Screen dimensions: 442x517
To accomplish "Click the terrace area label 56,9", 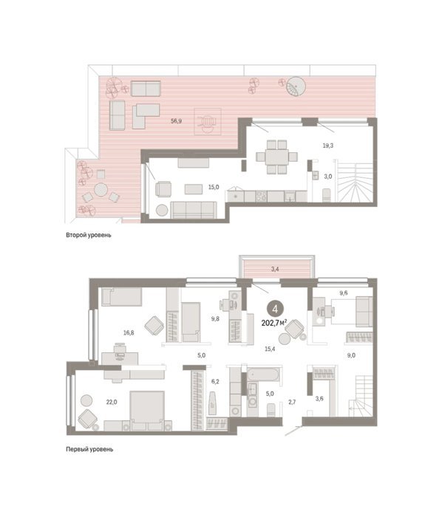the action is click(176, 121).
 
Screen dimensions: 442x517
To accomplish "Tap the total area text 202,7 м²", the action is click(274, 323).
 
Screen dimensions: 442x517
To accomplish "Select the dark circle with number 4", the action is click(275, 309).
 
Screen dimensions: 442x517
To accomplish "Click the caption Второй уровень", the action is click(89, 235).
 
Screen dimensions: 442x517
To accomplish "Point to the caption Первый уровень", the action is click(89, 449).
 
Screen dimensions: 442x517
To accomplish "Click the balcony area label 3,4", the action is click(275, 269).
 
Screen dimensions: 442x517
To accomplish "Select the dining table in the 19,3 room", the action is click(277, 157).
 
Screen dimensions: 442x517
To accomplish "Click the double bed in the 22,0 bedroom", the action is click(147, 411).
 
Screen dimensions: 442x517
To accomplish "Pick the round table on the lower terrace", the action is click(101, 190).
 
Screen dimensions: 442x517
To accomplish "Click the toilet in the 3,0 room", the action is click(327, 195).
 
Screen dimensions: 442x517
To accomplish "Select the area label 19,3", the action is click(327, 145).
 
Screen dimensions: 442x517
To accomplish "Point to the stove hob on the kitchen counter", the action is click(261, 196).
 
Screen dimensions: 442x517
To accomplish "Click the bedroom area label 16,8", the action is click(129, 332).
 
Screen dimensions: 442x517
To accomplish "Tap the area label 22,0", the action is click(112, 402).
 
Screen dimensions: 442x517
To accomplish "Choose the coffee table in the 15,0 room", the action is click(194, 189).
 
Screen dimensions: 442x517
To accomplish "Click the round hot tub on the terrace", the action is click(296, 86).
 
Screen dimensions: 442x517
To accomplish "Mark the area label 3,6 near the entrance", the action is click(319, 399).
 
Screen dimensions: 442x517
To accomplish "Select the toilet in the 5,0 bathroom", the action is click(271, 409).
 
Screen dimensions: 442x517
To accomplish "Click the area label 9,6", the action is click(344, 292).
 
